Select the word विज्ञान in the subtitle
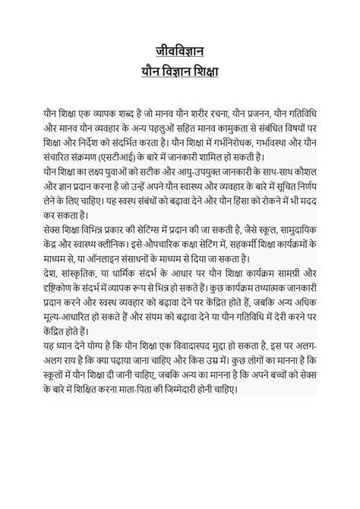click(178, 72)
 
